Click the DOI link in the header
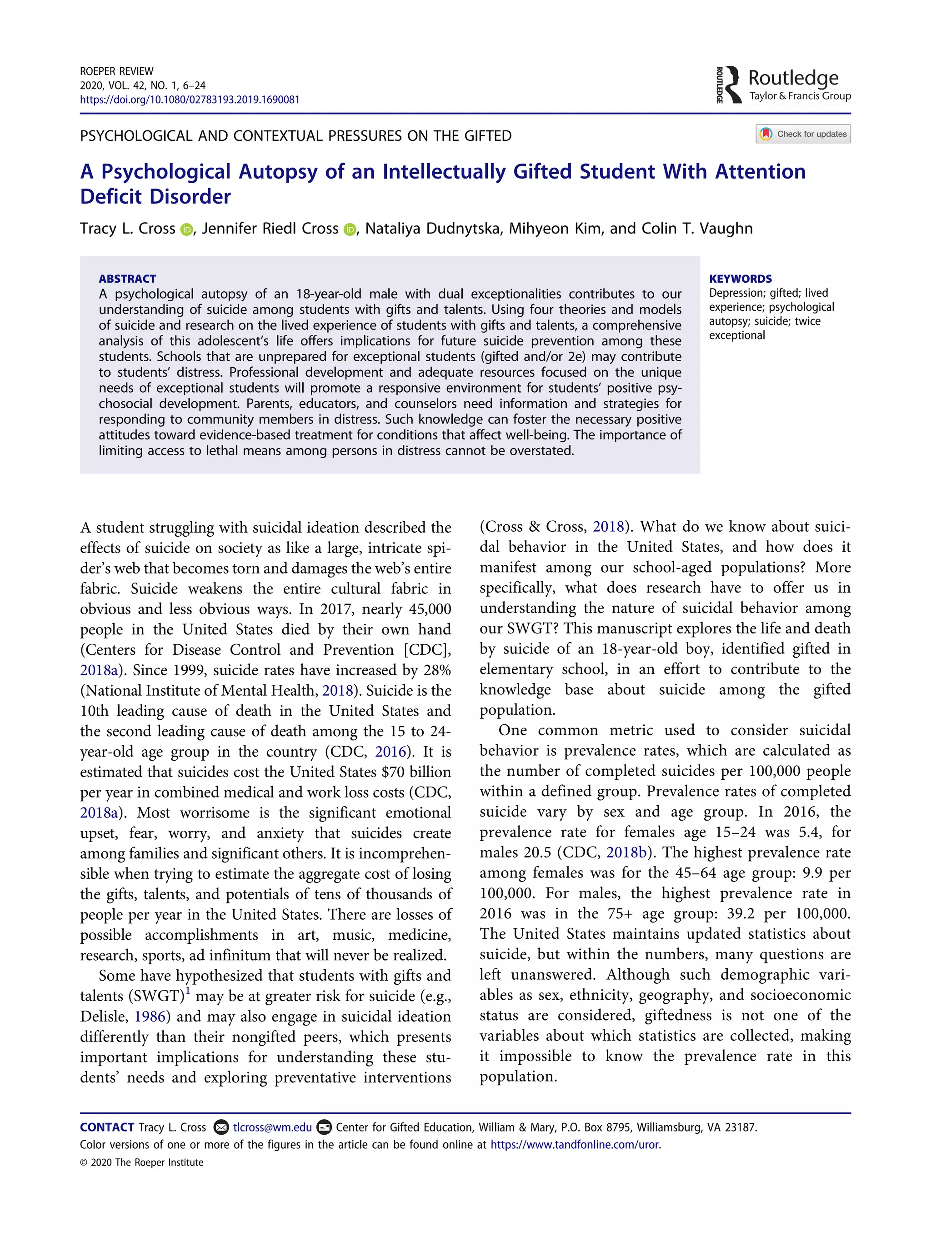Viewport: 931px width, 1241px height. [x=189, y=100]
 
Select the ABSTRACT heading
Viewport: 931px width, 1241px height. [x=127, y=279]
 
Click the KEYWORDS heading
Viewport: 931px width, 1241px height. [x=740, y=279]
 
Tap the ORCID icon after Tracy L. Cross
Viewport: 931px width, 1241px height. [x=186, y=229]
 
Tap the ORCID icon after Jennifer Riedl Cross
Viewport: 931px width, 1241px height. [x=350, y=229]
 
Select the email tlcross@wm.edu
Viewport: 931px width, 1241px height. [x=272, y=1127]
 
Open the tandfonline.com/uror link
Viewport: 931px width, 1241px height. [x=575, y=1145]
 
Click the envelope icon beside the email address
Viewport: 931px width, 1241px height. [x=222, y=1127]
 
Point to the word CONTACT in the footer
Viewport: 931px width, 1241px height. [x=107, y=1127]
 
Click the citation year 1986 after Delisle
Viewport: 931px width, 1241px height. [x=150, y=1017]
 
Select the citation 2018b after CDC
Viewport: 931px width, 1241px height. [x=626, y=852]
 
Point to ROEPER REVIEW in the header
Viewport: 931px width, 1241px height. [x=116, y=71]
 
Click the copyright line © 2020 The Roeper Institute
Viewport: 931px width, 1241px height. [x=141, y=1162]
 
